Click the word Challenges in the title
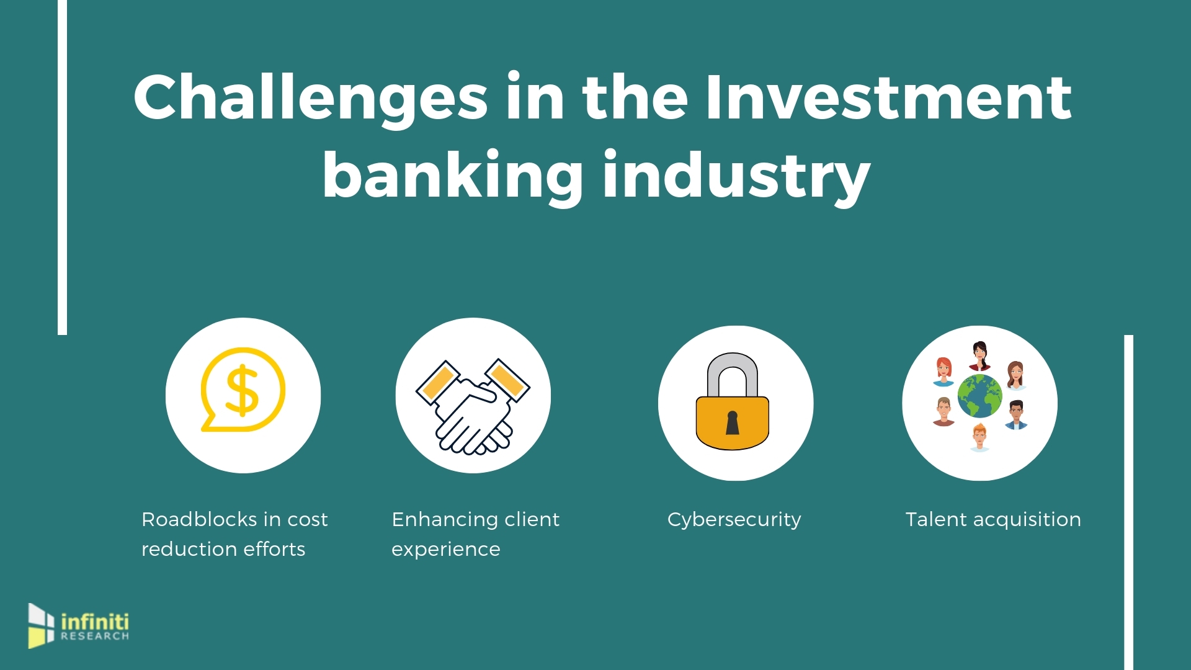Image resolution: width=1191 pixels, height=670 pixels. (x=311, y=98)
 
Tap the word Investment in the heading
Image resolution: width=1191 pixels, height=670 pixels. (x=889, y=97)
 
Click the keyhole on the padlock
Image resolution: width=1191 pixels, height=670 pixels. (x=733, y=422)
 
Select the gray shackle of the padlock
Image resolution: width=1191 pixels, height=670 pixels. (x=733, y=376)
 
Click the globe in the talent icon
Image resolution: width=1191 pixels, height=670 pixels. (x=979, y=396)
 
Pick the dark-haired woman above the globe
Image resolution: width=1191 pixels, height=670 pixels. (x=979, y=355)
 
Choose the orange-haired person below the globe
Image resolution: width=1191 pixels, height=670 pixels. (x=979, y=437)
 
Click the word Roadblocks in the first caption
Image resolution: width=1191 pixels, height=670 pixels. (x=199, y=519)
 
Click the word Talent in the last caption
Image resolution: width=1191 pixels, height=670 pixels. (x=936, y=519)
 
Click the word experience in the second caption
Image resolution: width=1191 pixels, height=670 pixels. (x=446, y=550)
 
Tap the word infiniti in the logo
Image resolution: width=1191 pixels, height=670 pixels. (x=95, y=622)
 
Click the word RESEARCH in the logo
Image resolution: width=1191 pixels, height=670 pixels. (x=95, y=636)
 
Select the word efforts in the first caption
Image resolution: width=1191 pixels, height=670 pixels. (x=274, y=549)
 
